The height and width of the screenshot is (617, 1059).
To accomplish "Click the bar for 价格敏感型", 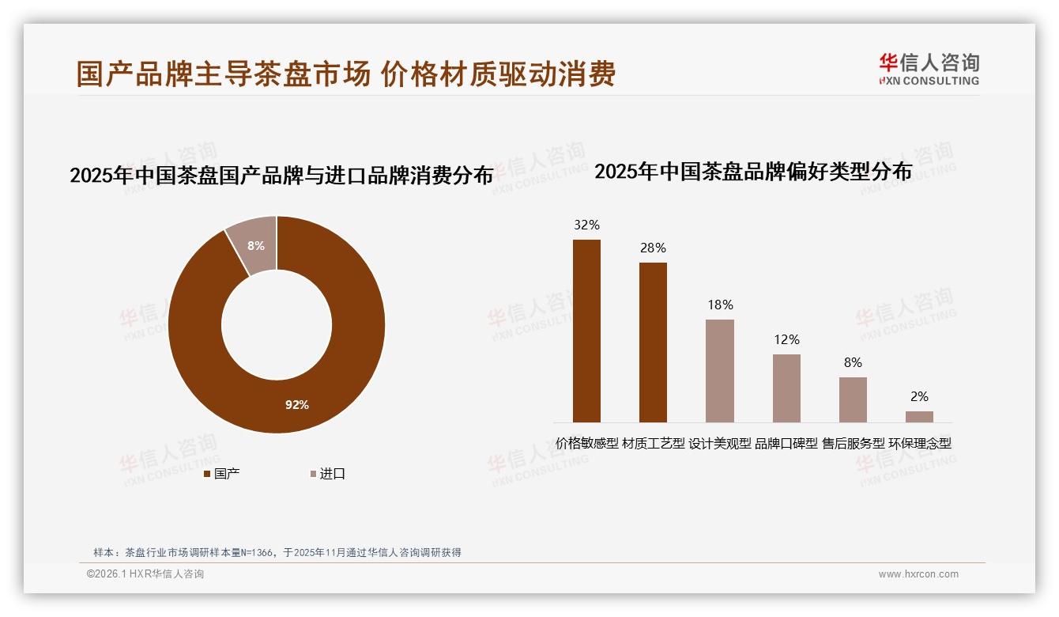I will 586,331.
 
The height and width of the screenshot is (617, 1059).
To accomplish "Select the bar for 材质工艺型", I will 653,342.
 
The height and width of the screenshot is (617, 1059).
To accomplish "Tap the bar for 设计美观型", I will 719,370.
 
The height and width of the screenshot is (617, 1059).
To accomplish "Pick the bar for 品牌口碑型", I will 786,388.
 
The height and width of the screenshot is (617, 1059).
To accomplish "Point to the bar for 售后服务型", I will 853,399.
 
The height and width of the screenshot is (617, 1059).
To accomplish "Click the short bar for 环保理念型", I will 919,416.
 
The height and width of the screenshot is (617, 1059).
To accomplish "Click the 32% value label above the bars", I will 586,225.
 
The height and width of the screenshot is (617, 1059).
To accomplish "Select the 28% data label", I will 653,248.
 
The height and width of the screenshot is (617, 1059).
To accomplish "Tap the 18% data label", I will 720,305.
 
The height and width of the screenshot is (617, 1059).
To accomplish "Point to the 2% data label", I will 919,397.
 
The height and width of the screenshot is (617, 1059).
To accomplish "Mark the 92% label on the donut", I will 297,405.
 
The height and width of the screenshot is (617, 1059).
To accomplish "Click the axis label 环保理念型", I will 920,444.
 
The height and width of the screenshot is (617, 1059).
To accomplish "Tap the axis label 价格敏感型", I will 586,444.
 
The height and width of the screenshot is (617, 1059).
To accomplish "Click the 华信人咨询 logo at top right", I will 929,69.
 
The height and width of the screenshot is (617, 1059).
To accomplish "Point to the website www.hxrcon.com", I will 918,574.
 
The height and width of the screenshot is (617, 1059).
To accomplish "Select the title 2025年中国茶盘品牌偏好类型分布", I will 753,172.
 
